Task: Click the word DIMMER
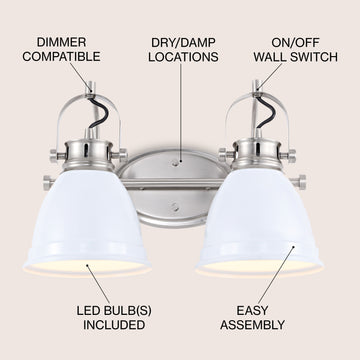coord(61,42)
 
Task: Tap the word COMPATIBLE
coord(61,57)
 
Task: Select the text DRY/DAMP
coord(183,43)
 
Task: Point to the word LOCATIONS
coord(183,57)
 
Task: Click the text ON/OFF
coord(295,43)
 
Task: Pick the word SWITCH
coord(314,57)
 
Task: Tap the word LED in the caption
coord(88,311)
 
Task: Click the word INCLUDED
coord(114,325)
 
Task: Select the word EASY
coord(252,311)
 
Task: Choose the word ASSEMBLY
coord(252,325)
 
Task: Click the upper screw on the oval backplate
coord(175,163)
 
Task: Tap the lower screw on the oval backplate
coord(175,207)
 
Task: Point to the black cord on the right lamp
coord(267,111)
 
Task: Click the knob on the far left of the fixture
coord(48,183)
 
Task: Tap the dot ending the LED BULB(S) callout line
coord(88,266)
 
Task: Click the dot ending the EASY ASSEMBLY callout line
coord(294,247)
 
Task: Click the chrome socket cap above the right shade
coord(257,153)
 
